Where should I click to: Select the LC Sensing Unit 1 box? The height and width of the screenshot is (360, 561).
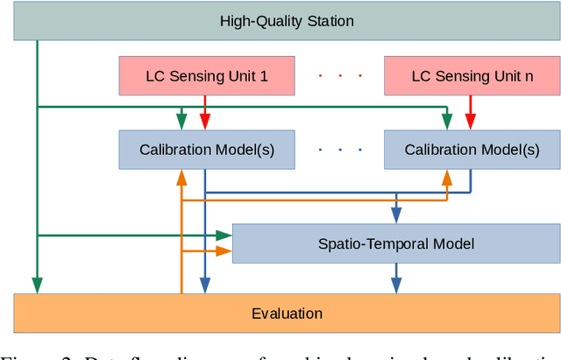tap(207, 76)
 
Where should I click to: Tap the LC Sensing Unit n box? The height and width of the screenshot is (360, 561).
tap(472, 76)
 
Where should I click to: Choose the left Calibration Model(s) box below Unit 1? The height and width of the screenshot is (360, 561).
tap(207, 150)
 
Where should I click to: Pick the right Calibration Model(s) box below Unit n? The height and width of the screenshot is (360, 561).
tap(472, 150)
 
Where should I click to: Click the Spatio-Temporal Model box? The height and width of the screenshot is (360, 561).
tap(395, 243)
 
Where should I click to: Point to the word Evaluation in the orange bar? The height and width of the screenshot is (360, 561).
tap(287, 314)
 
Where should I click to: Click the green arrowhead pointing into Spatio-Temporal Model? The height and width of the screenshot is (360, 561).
tap(224, 235)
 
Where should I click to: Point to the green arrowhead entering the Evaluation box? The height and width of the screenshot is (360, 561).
tap(37, 286)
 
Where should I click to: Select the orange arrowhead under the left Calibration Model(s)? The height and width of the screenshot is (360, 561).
tap(181, 177)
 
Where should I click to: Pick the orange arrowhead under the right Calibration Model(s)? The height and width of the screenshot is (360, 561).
tap(447, 177)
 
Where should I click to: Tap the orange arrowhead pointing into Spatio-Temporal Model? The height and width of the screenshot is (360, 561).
tap(224, 251)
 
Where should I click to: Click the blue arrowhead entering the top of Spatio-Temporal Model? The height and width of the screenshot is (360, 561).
tap(396, 215)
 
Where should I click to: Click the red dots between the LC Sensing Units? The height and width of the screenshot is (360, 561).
tap(339, 76)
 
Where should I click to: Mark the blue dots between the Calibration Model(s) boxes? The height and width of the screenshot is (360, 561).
tap(339, 150)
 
